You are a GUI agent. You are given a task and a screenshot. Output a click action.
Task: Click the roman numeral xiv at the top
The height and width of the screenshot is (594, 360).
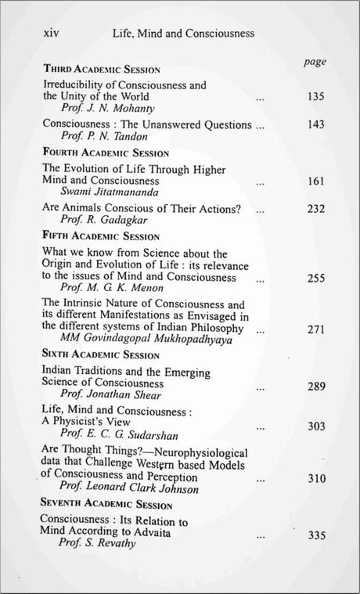pyautogui.click(x=50, y=34)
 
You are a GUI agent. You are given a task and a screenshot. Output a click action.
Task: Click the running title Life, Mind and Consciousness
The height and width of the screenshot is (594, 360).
pyautogui.click(x=183, y=34)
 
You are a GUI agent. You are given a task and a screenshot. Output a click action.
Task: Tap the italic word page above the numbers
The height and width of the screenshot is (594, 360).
pyautogui.click(x=314, y=62)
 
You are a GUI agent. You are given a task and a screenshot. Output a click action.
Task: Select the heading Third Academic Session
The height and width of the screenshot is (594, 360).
pyautogui.click(x=101, y=69)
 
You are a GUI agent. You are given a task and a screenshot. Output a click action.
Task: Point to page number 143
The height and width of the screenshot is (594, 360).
pyautogui.click(x=316, y=125)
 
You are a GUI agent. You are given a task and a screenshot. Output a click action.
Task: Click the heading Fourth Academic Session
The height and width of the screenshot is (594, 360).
pyautogui.click(x=105, y=153)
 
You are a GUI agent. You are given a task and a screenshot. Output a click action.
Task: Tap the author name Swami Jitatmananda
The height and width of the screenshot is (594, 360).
pyautogui.click(x=108, y=193)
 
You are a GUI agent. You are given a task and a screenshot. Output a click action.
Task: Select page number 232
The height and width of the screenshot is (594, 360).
pyautogui.click(x=316, y=210)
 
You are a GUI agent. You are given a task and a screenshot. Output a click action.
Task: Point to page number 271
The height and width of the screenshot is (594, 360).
pyautogui.click(x=316, y=329)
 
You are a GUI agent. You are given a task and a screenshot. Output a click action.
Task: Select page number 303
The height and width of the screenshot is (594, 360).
pyautogui.click(x=316, y=426)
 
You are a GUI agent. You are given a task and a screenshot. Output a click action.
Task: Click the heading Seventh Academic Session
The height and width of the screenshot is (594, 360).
pyautogui.click(x=107, y=504)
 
